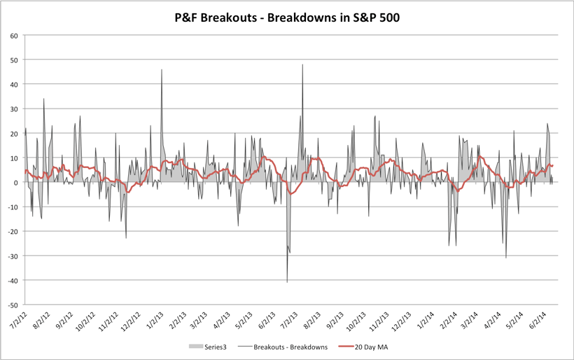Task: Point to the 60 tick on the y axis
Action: [14, 35]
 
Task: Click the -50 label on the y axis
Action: [13, 305]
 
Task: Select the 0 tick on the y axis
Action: [16, 183]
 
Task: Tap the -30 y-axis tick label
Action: [13, 256]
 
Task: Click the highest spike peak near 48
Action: [302, 65]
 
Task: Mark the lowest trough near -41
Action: [287, 282]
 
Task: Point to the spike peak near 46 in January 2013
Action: [162, 70]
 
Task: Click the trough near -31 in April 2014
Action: [506, 258]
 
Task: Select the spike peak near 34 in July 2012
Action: [43, 99]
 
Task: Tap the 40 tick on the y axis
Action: [14, 84]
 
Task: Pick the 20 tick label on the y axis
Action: [14, 133]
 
